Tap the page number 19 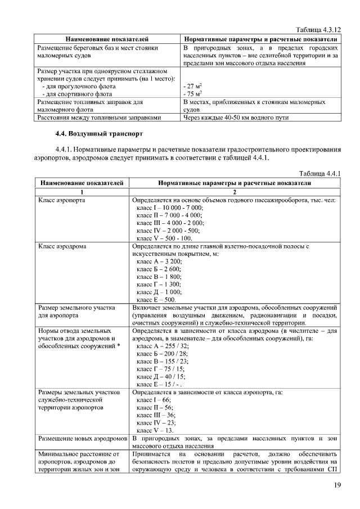tap(337, 485)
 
